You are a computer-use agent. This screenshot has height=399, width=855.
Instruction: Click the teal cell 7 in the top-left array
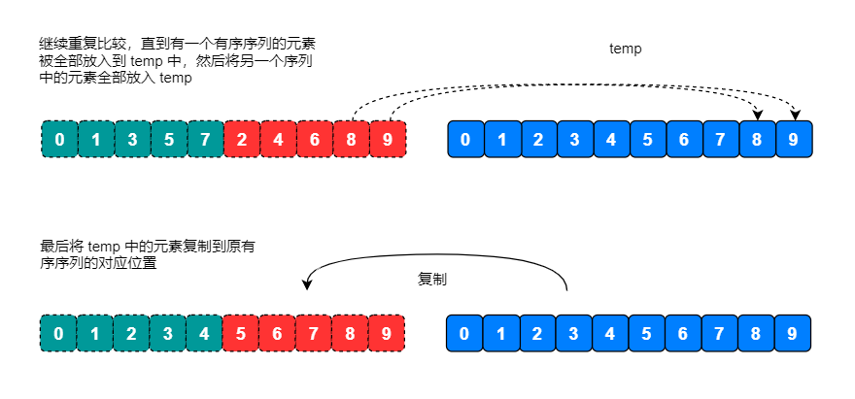[205, 139]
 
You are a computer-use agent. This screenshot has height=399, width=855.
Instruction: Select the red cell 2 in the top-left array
[242, 139]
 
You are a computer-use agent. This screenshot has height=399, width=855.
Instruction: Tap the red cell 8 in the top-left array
[351, 139]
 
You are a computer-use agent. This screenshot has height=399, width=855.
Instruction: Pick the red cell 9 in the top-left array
[388, 139]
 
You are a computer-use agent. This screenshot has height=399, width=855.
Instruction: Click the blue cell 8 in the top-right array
[757, 139]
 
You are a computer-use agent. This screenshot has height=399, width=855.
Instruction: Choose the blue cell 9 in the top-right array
[794, 139]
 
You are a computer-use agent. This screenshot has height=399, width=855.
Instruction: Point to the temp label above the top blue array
[625, 48]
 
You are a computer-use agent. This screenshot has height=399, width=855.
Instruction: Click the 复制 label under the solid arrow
[432, 279]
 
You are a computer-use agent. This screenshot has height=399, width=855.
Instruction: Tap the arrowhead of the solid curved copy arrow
[308, 284]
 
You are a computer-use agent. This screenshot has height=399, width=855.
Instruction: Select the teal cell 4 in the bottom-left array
[205, 333]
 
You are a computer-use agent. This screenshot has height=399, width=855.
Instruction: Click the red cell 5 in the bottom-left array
[242, 333]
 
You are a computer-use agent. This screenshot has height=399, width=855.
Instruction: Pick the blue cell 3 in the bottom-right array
[574, 333]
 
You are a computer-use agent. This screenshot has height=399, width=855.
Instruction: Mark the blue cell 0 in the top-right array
[465, 139]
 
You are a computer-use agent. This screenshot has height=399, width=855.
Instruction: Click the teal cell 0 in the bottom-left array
[59, 333]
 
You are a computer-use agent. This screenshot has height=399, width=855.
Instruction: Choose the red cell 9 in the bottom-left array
[388, 333]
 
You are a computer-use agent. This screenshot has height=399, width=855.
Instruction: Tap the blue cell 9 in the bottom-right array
[794, 333]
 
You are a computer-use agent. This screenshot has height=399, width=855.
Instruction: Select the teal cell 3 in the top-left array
[132, 139]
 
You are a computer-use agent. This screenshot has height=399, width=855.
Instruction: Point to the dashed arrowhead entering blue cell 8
[757, 116]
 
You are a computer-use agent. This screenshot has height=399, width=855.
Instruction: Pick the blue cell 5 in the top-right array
[648, 139]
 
